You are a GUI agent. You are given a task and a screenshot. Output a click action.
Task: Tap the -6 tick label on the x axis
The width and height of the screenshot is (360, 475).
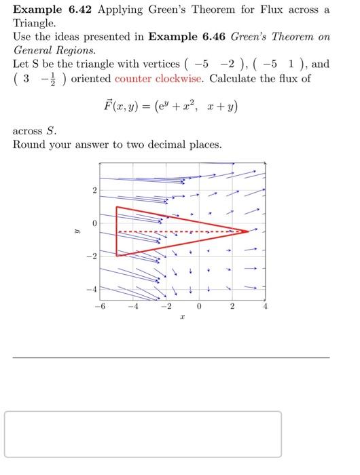[x=100, y=306]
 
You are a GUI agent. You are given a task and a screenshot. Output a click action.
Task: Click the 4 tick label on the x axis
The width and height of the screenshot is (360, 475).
[x=266, y=306]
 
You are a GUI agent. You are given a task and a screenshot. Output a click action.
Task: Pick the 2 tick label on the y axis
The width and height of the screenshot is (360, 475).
[x=96, y=189]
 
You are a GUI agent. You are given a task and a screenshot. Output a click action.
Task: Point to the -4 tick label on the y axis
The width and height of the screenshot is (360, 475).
[x=93, y=290]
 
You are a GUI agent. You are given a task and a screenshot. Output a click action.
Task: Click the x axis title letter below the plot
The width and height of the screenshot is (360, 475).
[x=182, y=318]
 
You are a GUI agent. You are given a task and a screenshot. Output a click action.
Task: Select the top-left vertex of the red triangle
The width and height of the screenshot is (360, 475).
[x=117, y=206]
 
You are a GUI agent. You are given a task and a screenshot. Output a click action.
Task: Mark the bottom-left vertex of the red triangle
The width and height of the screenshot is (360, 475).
[x=117, y=256]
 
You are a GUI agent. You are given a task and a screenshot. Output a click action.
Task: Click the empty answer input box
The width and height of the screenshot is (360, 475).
[x=143, y=434]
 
